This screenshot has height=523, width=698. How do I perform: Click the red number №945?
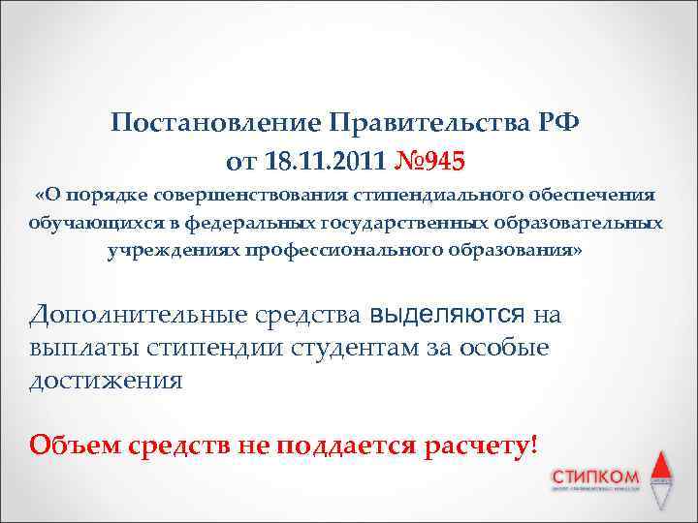pyautogui.click(x=428, y=159)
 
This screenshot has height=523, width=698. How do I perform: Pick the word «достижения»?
pyautogui.click(x=105, y=380)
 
